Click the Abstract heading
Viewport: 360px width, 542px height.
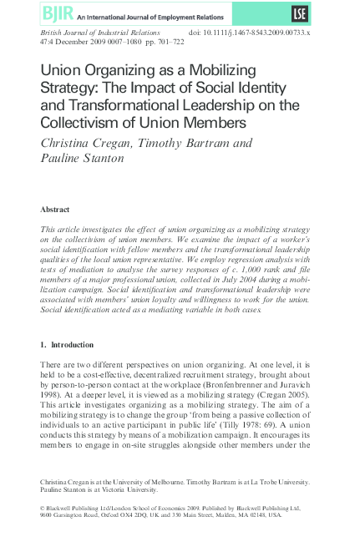[x=56, y=209]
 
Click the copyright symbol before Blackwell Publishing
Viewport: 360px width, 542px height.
[x=43, y=507]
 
